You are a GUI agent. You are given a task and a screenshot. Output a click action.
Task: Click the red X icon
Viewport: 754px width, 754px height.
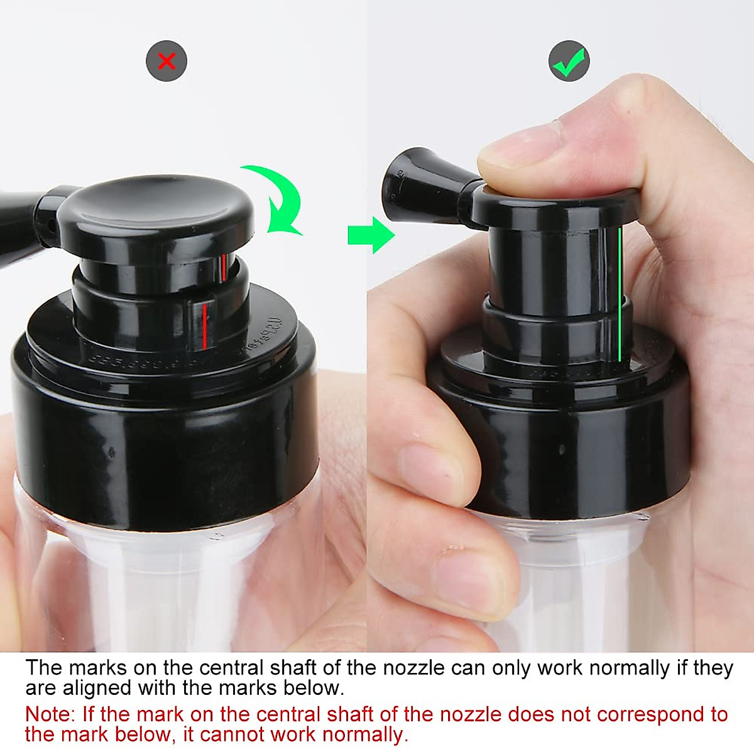[x=167, y=61]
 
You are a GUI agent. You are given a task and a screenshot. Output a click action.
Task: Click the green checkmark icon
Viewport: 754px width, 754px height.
[x=569, y=61]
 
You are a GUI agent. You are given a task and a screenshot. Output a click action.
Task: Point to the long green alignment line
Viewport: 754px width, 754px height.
[x=620, y=295]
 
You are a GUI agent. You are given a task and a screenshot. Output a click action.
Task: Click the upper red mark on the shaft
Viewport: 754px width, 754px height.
[x=222, y=268]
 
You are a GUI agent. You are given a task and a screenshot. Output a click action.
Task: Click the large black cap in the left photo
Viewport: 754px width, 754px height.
[x=163, y=434]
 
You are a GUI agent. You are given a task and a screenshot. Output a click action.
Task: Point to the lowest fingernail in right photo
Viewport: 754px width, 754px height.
[x=468, y=575]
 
